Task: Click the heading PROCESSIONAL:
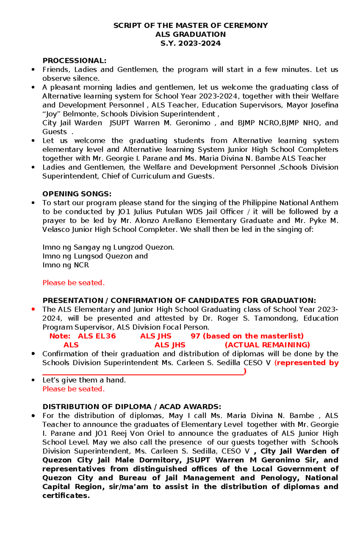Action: coord(74,61)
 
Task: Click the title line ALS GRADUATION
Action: coord(190,34)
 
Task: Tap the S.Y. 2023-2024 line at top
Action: coord(190,43)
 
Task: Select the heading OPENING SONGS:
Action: coord(77,194)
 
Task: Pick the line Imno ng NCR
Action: coord(66,265)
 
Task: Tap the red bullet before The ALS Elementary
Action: coord(33,309)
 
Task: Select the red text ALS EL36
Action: coord(97,336)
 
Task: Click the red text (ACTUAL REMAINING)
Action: coord(267,345)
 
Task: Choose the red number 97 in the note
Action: coord(195,336)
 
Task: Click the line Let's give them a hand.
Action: coord(84,380)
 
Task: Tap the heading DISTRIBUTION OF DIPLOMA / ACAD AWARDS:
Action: coord(132,407)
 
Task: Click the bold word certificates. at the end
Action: coord(66,496)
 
